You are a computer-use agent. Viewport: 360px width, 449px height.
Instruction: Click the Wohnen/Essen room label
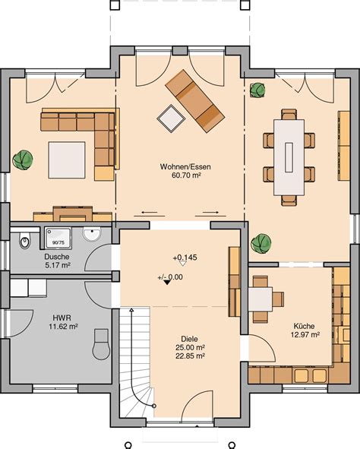tap(185, 166)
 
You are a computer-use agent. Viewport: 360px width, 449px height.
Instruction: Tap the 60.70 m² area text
tap(186, 175)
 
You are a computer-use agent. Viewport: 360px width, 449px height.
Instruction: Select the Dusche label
tap(57, 257)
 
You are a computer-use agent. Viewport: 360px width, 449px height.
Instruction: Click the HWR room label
tap(62, 318)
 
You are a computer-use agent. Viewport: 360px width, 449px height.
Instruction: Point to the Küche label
tap(304, 326)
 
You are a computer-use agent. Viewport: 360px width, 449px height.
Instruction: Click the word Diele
tap(189, 339)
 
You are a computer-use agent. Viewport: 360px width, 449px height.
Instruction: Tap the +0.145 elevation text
tap(185, 258)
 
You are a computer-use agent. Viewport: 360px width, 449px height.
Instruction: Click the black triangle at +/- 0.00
tap(167, 283)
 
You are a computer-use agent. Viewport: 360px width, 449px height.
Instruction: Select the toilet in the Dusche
tap(24, 241)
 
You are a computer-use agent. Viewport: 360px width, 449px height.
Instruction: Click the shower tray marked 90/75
tap(58, 239)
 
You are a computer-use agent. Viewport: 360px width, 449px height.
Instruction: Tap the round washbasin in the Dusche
tap(92, 233)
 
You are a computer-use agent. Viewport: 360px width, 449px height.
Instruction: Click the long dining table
tap(289, 157)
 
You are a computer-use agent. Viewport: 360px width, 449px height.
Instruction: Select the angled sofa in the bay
tap(194, 101)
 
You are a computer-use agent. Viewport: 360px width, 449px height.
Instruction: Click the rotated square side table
tap(171, 119)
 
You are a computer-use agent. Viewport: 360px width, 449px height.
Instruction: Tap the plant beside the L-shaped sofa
tap(23, 160)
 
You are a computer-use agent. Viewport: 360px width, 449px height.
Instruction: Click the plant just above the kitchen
tap(261, 244)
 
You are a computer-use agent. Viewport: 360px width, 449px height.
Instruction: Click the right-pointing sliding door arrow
tap(211, 213)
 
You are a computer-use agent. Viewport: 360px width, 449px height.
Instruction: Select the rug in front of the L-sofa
tap(67, 160)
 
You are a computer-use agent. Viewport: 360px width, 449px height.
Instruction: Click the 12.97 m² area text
tap(305, 334)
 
